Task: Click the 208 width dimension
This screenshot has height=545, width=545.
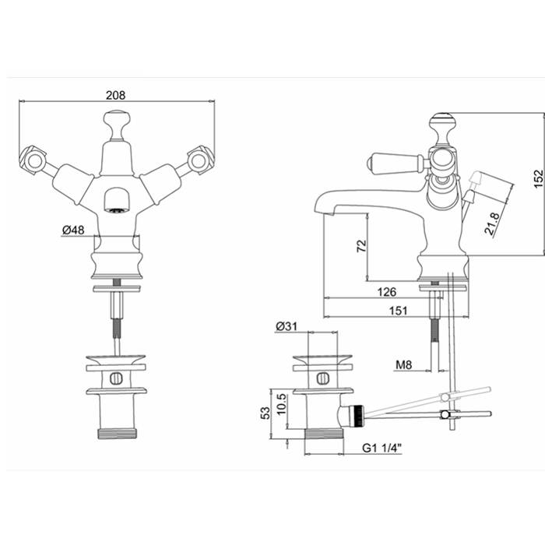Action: (116, 95)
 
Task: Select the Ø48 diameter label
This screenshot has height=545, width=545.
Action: (73, 230)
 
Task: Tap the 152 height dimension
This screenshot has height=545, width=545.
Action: (538, 178)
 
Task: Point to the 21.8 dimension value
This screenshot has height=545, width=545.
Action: (492, 224)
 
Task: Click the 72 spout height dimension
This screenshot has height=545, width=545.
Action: (362, 245)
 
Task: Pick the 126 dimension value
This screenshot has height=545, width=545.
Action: (386, 292)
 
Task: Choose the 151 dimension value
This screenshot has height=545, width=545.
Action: (398, 311)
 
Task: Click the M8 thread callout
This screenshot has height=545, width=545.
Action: (403, 364)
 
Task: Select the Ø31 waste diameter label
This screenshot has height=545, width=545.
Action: (287, 326)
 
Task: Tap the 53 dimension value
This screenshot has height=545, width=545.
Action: (265, 413)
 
